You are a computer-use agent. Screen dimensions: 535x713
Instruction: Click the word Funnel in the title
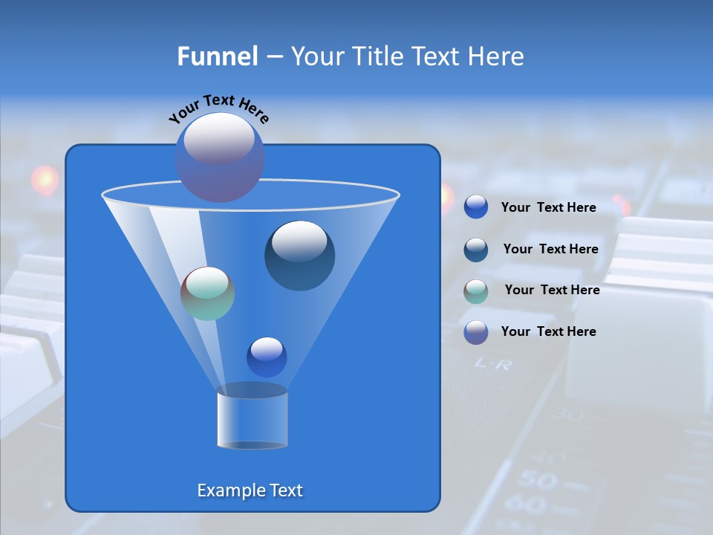tap(218, 56)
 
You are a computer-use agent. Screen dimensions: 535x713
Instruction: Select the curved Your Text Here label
tap(219, 108)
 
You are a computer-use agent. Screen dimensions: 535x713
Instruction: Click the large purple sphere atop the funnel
tap(220, 157)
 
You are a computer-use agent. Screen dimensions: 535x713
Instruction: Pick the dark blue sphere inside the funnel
tap(299, 255)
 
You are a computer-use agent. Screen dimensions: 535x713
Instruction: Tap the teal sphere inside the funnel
tap(208, 293)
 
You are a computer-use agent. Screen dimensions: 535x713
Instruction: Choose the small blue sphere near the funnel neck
tap(267, 357)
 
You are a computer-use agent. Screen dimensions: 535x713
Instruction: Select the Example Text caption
tap(250, 490)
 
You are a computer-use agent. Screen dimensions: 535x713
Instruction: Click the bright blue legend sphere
tap(476, 207)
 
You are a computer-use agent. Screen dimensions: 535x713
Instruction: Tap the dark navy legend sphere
tap(476, 250)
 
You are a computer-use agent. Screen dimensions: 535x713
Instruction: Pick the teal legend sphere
tap(476, 291)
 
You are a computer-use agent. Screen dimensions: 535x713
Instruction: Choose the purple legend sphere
tap(476, 332)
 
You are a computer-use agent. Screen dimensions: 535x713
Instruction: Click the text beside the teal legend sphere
tap(552, 290)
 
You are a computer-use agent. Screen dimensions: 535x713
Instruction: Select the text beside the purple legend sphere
tap(548, 331)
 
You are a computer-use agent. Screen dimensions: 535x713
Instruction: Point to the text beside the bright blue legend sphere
tap(548, 207)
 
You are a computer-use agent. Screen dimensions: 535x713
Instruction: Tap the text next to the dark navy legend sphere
tap(550, 249)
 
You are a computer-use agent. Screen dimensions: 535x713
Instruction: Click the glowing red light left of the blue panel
tap(45, 179)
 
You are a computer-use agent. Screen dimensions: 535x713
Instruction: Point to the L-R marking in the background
tap(493, 364)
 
